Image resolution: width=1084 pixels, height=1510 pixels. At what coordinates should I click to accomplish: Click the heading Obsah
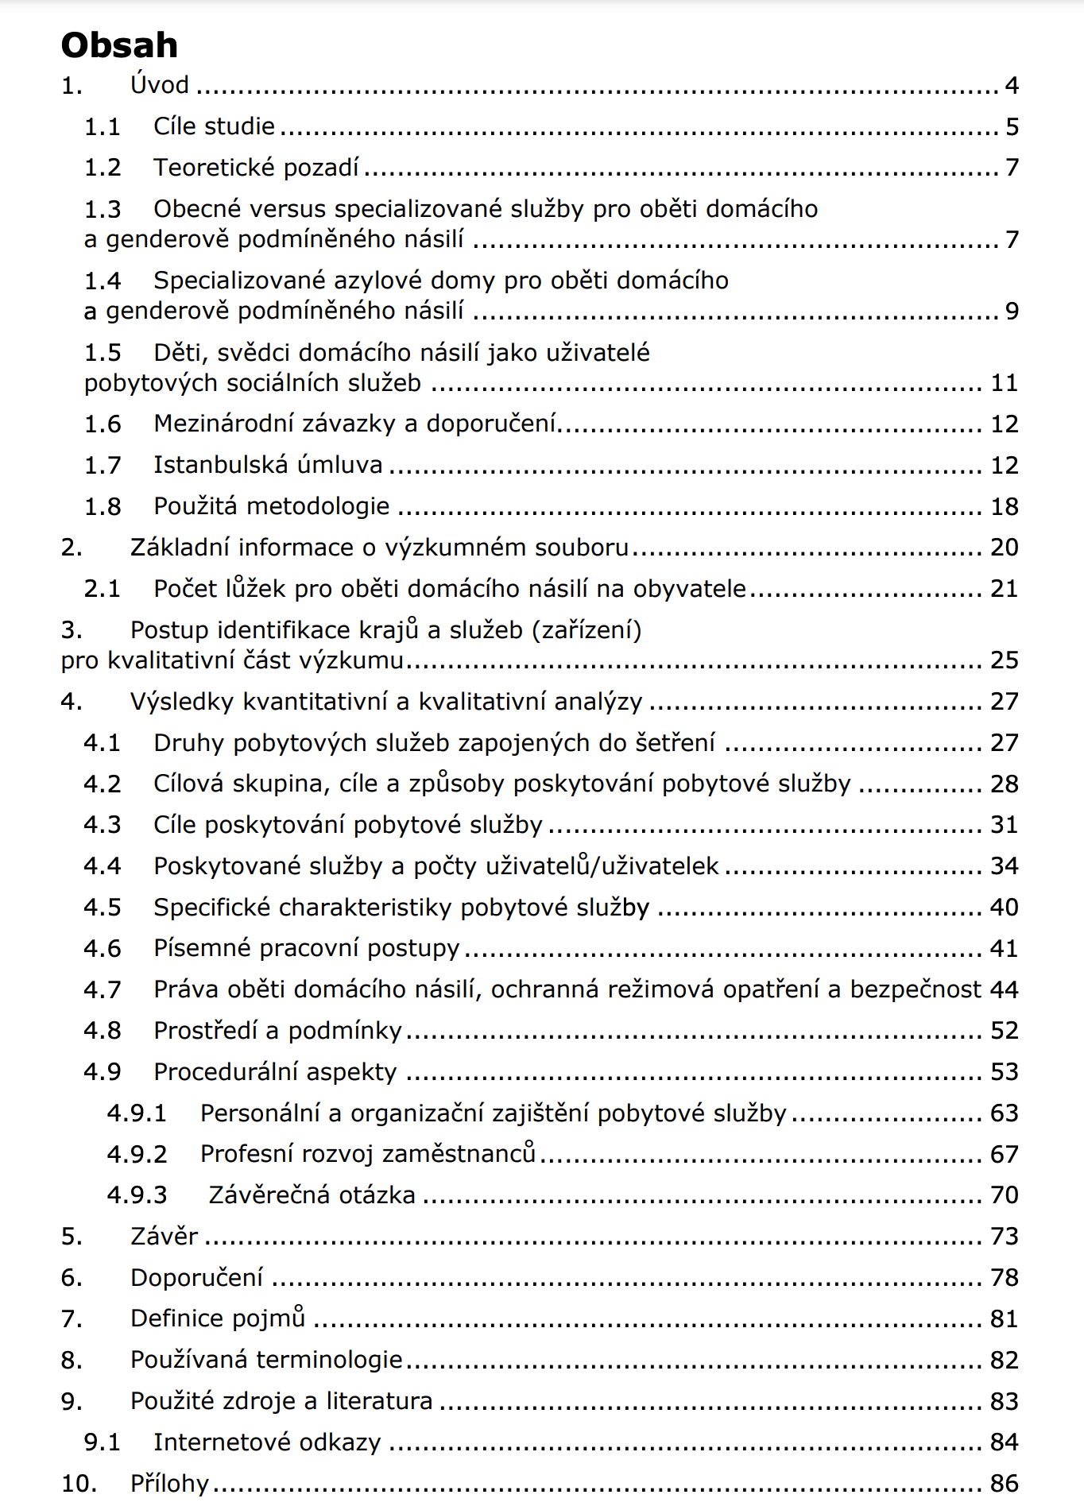coord(119,45)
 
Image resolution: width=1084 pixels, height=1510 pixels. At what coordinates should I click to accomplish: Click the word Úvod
coord(160,85)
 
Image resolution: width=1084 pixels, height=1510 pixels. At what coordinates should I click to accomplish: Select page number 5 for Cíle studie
coord(1012,127)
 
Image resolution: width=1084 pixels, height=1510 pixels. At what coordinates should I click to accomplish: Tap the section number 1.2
coord(103,168)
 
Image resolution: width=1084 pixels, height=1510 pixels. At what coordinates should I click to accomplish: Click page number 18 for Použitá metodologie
coord(1005,506)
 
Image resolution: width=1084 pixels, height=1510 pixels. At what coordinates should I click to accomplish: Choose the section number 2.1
coord(103,589)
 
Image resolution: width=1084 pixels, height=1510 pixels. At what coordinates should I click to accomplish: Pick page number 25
coord(1005,660)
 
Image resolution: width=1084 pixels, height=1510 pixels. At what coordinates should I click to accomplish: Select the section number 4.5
coord(103,908)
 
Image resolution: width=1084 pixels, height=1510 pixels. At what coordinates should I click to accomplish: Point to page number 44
coord(1005,989)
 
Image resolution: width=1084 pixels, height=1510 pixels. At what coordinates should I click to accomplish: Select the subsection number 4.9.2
coord(137,1154)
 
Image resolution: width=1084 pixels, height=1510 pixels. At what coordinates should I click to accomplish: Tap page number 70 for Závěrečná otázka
coord(1005,1195)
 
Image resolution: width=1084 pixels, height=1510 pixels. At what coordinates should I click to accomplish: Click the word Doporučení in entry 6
coord(196,1278)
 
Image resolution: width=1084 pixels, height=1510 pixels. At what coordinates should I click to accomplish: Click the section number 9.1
coord(103,1442)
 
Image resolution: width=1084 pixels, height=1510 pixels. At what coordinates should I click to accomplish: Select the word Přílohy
coord(169,1484)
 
